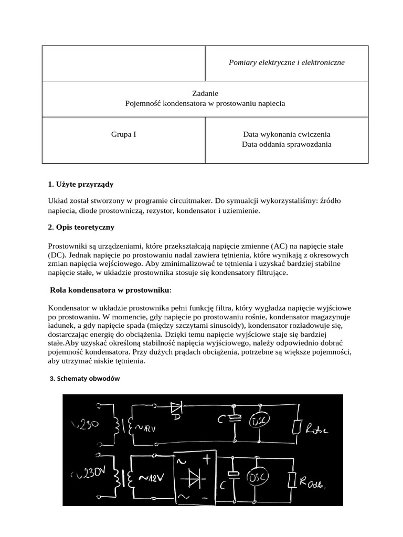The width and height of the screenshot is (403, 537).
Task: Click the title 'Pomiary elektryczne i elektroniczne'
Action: (287, 62)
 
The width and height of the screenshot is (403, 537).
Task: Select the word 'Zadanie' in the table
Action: (205, 93)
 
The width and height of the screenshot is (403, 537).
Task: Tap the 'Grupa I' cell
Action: (123, 134)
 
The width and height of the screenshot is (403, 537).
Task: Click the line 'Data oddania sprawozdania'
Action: (287, 144)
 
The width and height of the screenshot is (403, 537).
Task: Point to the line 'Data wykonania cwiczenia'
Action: (287, 134)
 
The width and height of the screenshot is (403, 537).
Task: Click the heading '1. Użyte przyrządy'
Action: (80, 185)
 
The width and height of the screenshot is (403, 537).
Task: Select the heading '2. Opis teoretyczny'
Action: (81, 227)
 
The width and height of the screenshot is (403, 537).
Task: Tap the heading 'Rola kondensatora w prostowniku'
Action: (110, 290)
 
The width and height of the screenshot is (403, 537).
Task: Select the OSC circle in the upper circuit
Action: (259, 422)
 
